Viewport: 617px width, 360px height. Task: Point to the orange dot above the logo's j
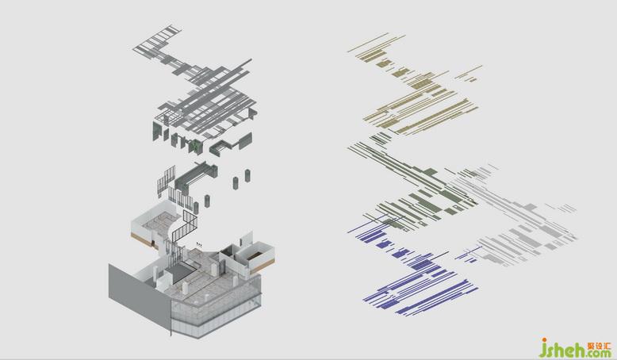[x=545, y=339]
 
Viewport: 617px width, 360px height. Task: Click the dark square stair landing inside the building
[x=180, y=271]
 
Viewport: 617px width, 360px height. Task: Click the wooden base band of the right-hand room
[x=262, y=267]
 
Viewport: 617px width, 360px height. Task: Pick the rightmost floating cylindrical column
[x=247, y=175]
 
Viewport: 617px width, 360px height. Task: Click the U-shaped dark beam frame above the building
[x=196, y=174]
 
